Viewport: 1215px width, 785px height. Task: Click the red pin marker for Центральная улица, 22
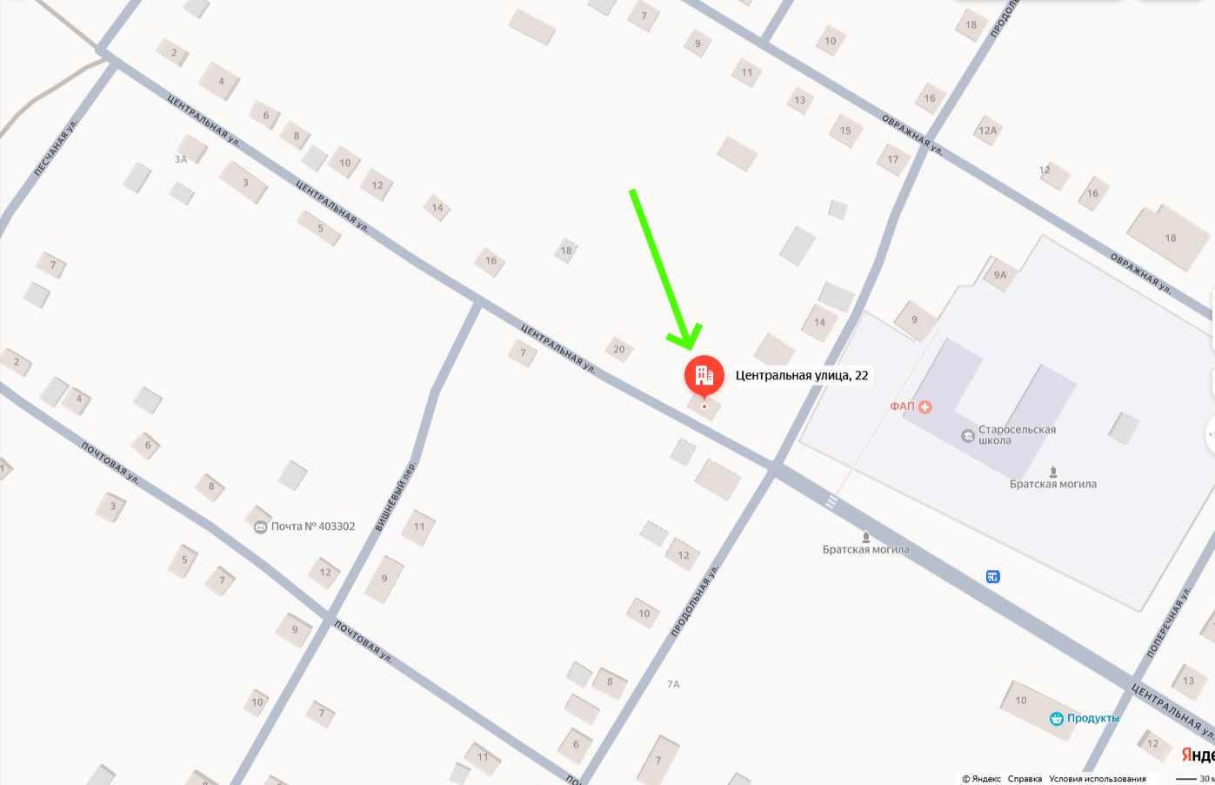(x=704, y=375)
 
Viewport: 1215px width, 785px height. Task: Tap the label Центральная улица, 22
(x=801, y=375)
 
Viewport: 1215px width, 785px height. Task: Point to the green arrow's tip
(x=690, y=347)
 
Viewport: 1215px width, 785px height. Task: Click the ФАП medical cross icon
(x=925, y=406)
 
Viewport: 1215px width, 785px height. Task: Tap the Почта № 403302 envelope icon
(x=260, y=527)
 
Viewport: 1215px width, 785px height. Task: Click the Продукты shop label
(x=1092, y=718)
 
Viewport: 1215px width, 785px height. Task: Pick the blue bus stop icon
(x=992, y=576)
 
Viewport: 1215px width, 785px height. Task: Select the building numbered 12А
(x=988, y=131)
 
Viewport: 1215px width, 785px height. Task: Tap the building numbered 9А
(x=1000, y=275)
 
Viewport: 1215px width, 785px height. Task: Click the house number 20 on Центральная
(x=619, y=349)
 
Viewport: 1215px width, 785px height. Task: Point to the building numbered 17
(x=893, y=159)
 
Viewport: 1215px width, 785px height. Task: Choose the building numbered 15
(x=845, y=131)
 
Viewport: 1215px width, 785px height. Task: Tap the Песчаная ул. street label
(x=56, y=148)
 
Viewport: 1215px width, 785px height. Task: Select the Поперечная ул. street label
(x=1169, y=622)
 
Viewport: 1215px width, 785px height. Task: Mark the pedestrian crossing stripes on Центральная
(x=831, y=502)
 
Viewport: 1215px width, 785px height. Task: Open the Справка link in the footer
(x=1025, y=779)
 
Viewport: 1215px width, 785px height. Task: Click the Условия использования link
(x=1098, y=779)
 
